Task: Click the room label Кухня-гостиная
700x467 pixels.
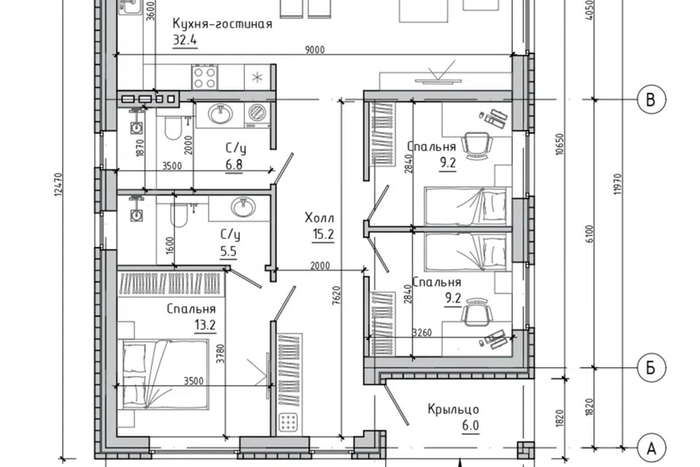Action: coord(222,23)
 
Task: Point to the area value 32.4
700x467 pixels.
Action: coord(184,40)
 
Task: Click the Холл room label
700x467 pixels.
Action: coord(319,218)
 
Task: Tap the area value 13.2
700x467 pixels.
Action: coord(205,325)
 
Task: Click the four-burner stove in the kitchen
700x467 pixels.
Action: coord(206,77)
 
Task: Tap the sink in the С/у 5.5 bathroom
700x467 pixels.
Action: coord(243,207)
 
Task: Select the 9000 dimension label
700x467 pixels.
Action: coord(315,50)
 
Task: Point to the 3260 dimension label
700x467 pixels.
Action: coord(422,333)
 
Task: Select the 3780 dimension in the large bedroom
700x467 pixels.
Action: coord(220,352)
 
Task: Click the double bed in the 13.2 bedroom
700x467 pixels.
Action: coord(163,374)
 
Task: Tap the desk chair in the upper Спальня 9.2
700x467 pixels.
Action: coord(476,144)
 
